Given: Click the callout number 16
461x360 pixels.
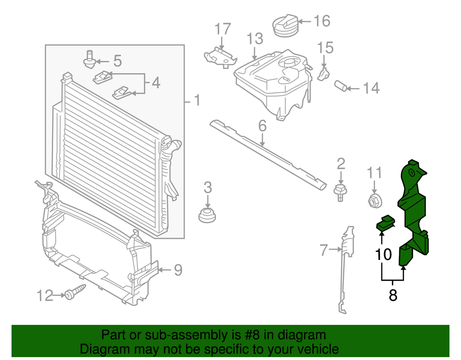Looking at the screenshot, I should tap(322, 21).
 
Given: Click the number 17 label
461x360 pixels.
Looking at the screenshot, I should tap(222, 29).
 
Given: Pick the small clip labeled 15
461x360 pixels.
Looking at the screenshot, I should tap(325, 74).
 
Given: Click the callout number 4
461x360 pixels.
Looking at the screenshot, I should tap(155, 83).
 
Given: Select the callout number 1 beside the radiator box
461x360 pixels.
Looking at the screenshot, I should tap(197, 100).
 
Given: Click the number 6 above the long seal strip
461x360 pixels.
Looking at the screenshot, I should tap(262, 126).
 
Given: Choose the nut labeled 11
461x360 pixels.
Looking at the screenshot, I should tap(374, 199).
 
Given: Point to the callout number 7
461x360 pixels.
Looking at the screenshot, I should tap(324, 250).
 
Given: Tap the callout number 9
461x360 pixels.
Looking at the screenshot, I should tap(178, 271).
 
